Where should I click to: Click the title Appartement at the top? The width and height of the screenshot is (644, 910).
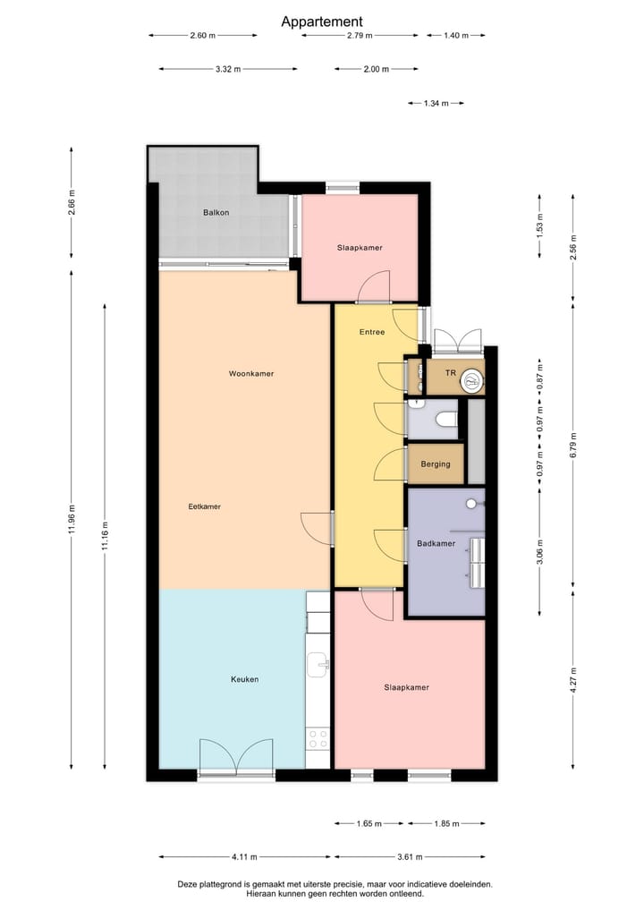[322, 21]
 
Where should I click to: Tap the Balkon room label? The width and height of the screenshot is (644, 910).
[216, 212]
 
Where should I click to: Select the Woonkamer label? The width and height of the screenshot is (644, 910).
[251, 373]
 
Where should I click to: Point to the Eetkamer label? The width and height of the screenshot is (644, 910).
[204, 506]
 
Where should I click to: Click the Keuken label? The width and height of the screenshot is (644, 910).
[244, 679]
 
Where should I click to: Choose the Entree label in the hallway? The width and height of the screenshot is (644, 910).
[372, 332]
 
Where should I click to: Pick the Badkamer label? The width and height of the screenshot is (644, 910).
[436, 543]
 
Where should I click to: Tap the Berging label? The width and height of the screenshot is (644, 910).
[436, 465]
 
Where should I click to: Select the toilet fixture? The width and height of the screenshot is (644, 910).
[445, 419]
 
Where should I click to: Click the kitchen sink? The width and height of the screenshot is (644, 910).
[318, 664]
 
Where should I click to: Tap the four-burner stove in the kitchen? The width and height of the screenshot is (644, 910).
[318, 738]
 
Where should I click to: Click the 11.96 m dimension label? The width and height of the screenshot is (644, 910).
[72, 519]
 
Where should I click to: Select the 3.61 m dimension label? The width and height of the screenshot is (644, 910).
[410, 856]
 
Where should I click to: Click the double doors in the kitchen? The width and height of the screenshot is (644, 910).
[235, 756]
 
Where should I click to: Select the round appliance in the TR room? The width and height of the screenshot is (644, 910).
[470, 383]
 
